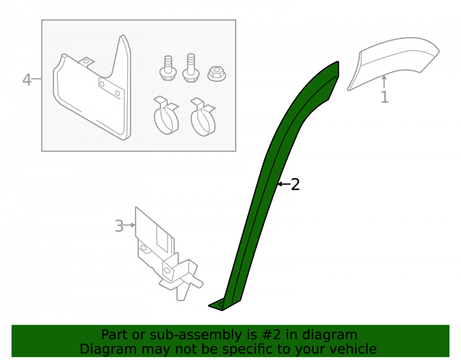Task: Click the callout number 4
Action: click(27, 79)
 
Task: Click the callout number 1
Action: click(384, 97)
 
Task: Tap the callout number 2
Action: click(295, 184)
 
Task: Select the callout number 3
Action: click(119, 226)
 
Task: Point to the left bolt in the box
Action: click(168, 69)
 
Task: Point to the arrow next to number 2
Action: click(284, 184)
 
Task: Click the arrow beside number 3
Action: click(130, 225)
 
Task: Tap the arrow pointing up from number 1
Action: click(384, 82)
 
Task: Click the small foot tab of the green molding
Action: click(218, 305)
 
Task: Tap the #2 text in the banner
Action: click(270, 335)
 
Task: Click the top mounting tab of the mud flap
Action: click(86, 62)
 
